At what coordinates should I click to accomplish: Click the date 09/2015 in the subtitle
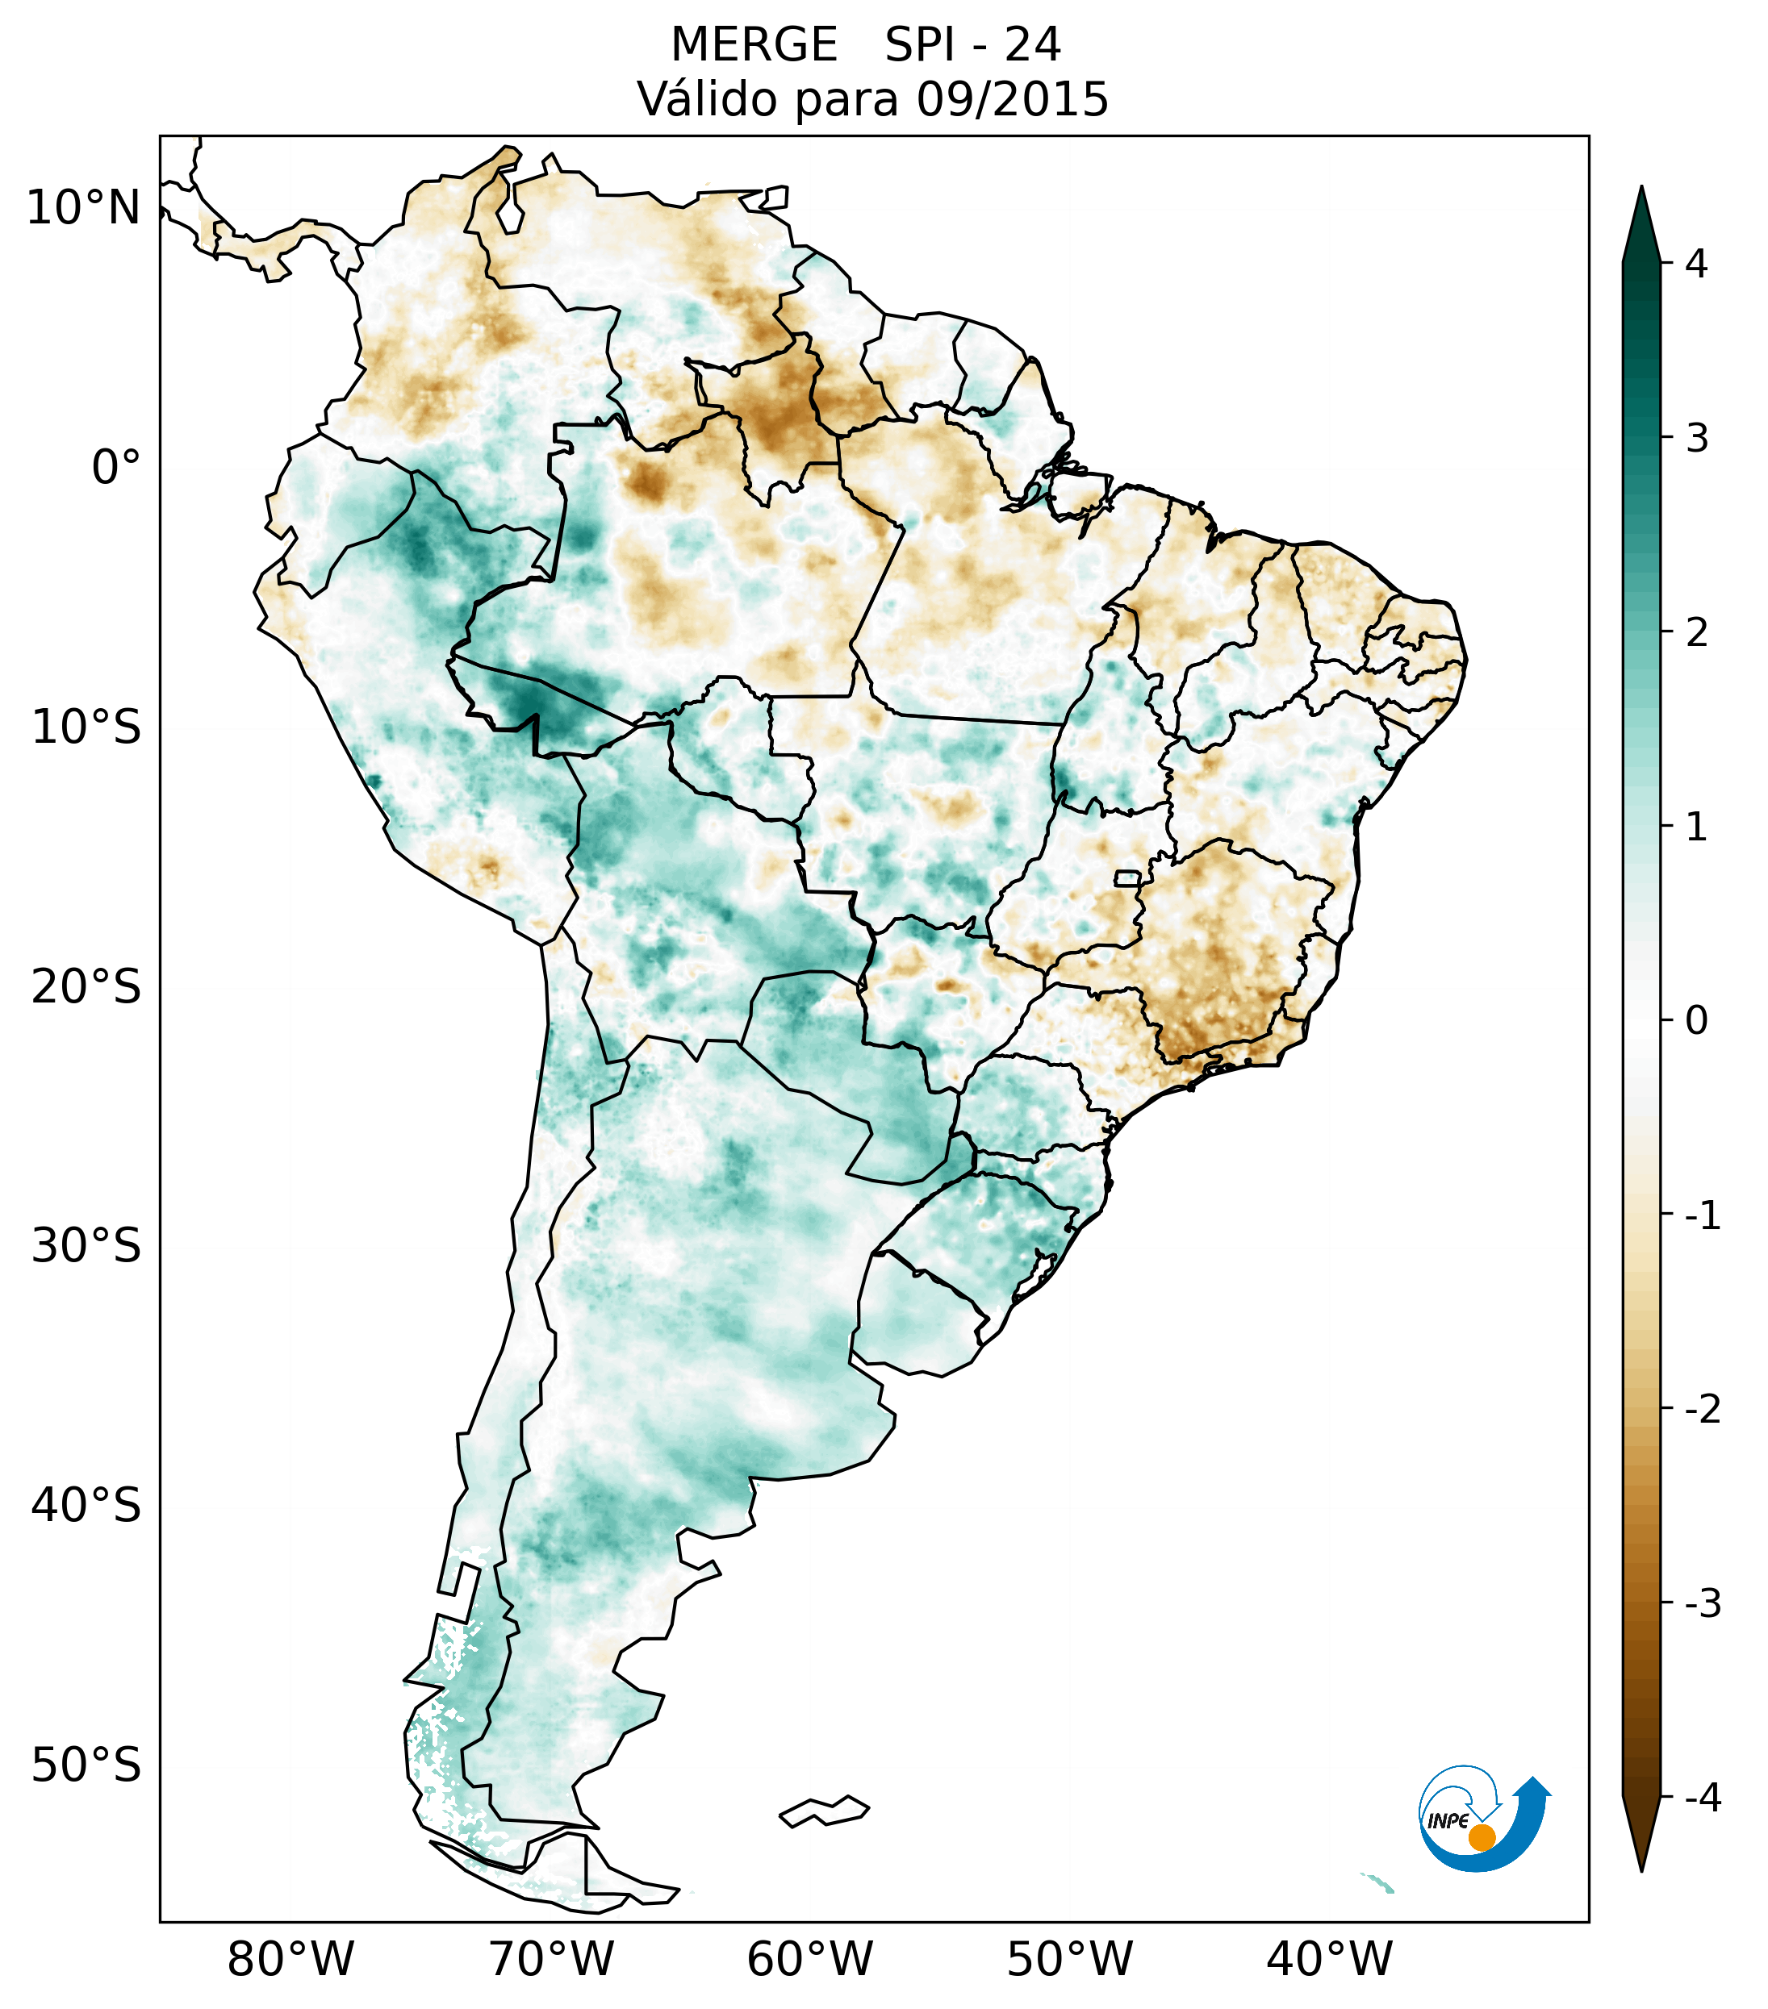[1012, 100]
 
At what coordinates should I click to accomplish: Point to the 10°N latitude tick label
[82, 208]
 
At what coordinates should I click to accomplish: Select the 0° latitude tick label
[116, 468]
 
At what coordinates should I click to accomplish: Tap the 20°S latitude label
[86, 987]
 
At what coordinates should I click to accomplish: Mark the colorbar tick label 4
[1696, 264]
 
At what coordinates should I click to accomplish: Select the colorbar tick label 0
[1696, 1020]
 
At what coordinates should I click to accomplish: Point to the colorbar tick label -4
[1702, 1798]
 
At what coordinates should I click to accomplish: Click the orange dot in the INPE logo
[1481, 1836]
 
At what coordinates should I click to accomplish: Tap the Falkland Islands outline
[824, 1811]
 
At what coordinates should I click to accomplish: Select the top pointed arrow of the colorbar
[1641, 221]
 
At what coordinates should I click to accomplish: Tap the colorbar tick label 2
[1696, 632]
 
